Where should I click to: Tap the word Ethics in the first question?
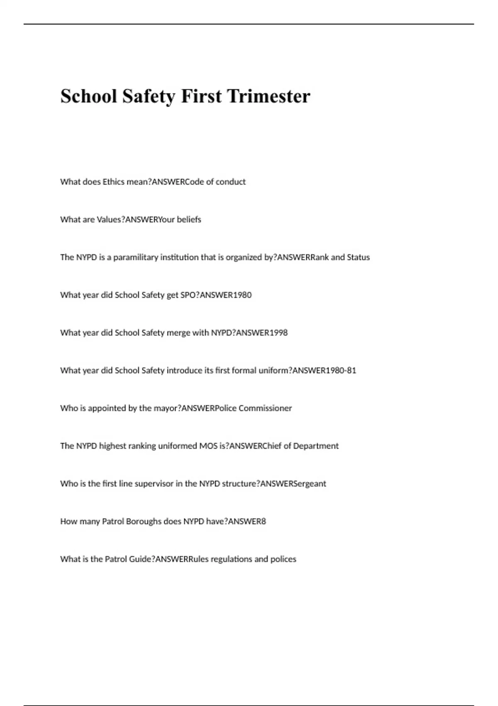(x=113, y=182)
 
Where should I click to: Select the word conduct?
(x=230, y=182)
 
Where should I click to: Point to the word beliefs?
(x=189, y=220)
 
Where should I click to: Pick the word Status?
(x=358, y=257)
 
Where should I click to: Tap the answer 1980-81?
(x=341, y=370)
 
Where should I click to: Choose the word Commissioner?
(x=265, y=408)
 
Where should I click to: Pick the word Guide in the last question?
(x=140, y=559)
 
